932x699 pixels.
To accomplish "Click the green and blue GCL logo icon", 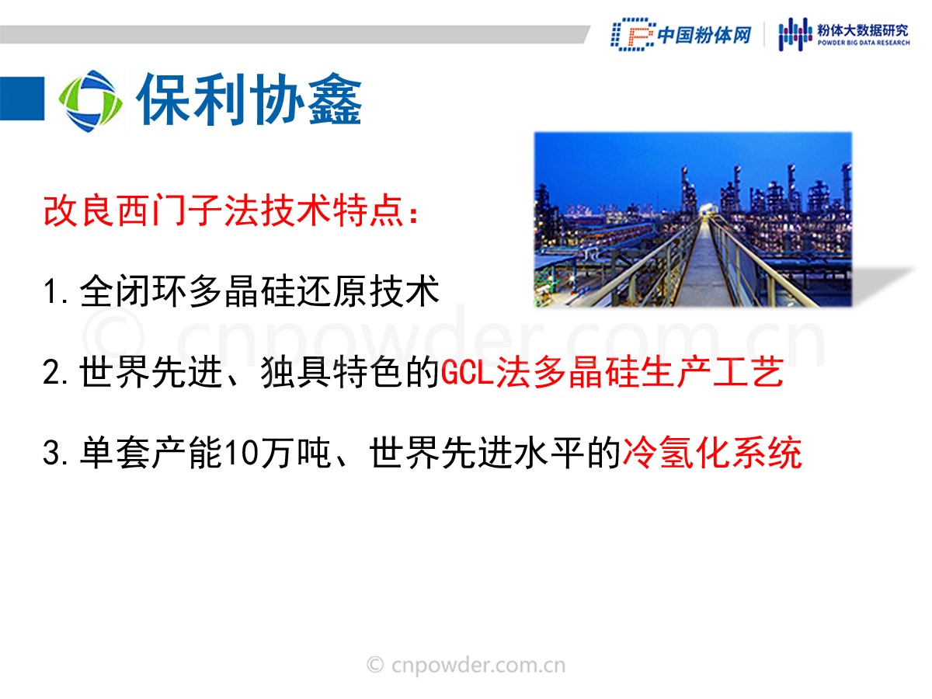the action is click(x=90, y=101).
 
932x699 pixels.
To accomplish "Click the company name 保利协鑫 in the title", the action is click(x=249, y=100).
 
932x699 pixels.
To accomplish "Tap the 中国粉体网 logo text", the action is click(x=704, y=35).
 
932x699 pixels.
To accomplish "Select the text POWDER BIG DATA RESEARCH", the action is click(x=864, y=43).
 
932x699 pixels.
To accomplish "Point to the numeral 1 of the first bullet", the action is click(x=50, y=291).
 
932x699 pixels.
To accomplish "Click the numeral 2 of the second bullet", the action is click(x=51, y=372).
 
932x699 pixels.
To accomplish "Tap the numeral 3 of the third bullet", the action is click(x=51, y=453).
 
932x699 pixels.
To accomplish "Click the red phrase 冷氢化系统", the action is click(x=712, y=453).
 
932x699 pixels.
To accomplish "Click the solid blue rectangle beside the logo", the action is click(x=22, y=99).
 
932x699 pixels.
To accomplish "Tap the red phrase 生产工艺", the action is click(x=712, y=372).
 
